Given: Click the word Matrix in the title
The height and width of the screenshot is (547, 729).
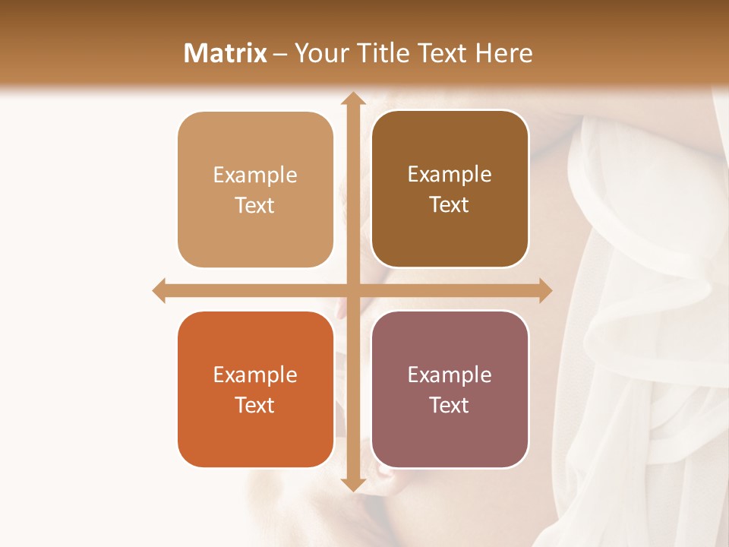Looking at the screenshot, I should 226,53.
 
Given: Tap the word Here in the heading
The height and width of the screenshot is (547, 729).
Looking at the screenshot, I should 503,53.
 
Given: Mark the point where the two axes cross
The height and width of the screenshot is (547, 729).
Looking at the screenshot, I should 352,290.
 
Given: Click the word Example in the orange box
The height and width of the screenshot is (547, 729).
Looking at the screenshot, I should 255,375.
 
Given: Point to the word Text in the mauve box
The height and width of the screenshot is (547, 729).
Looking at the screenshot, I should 450,405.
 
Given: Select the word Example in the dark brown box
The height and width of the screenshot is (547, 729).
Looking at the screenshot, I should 450,174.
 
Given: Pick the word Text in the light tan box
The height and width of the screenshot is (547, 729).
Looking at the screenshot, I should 255,205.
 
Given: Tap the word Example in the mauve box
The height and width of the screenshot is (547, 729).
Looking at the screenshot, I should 450,375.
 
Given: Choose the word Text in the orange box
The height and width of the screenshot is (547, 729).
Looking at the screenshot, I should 255,405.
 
